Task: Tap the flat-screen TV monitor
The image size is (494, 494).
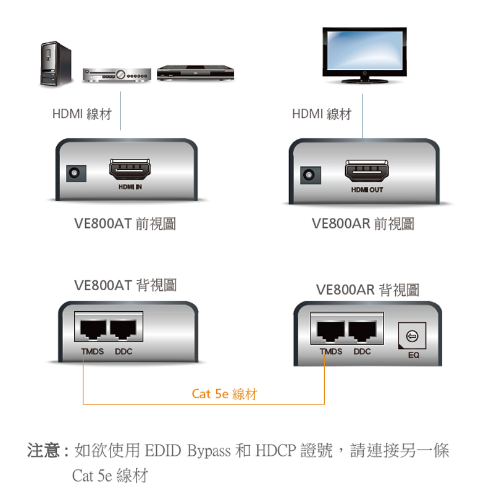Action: pyautogui.click(x=365, y=54)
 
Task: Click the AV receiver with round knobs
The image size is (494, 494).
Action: pyautogui.click(x=117, y=73)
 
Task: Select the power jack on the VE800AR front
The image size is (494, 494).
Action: pyautogui.click(x=310, y=175)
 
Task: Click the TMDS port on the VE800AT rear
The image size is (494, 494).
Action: pyautogui.click(x=92, y=332)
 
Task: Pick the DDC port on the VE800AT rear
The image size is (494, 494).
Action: pyautogui.click(x=125, y=332)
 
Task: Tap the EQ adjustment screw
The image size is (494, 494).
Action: pyautogui.click(x=412, y=337)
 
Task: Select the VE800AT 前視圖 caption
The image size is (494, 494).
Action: pyautogui.click(x=125, y=224)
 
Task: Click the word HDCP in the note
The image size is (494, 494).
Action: pyautogui.click(x=275, y=451)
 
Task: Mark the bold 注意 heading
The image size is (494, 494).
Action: pyautogui.click(x=43, y=451)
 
